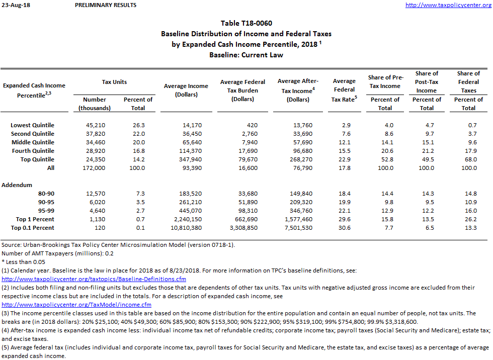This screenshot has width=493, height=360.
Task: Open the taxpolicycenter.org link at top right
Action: pos(448,5)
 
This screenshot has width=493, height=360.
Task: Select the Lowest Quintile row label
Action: pos(33,125)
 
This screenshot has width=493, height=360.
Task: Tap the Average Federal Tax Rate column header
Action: pos(344,90)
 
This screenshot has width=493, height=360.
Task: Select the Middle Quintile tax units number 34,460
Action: pos(95,142)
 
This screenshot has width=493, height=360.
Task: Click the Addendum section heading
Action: pos(17,185)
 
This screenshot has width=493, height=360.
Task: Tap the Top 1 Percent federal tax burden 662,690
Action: pos(243,219)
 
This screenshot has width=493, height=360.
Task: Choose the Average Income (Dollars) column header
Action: pos(186,90)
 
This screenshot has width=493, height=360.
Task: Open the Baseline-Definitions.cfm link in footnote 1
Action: pos(94,279)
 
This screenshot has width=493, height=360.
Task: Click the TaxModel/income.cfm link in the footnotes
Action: pos(76,305)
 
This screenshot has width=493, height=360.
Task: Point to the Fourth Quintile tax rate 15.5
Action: pos(344,151)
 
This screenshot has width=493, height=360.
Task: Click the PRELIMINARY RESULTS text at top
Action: pos(105,5)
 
